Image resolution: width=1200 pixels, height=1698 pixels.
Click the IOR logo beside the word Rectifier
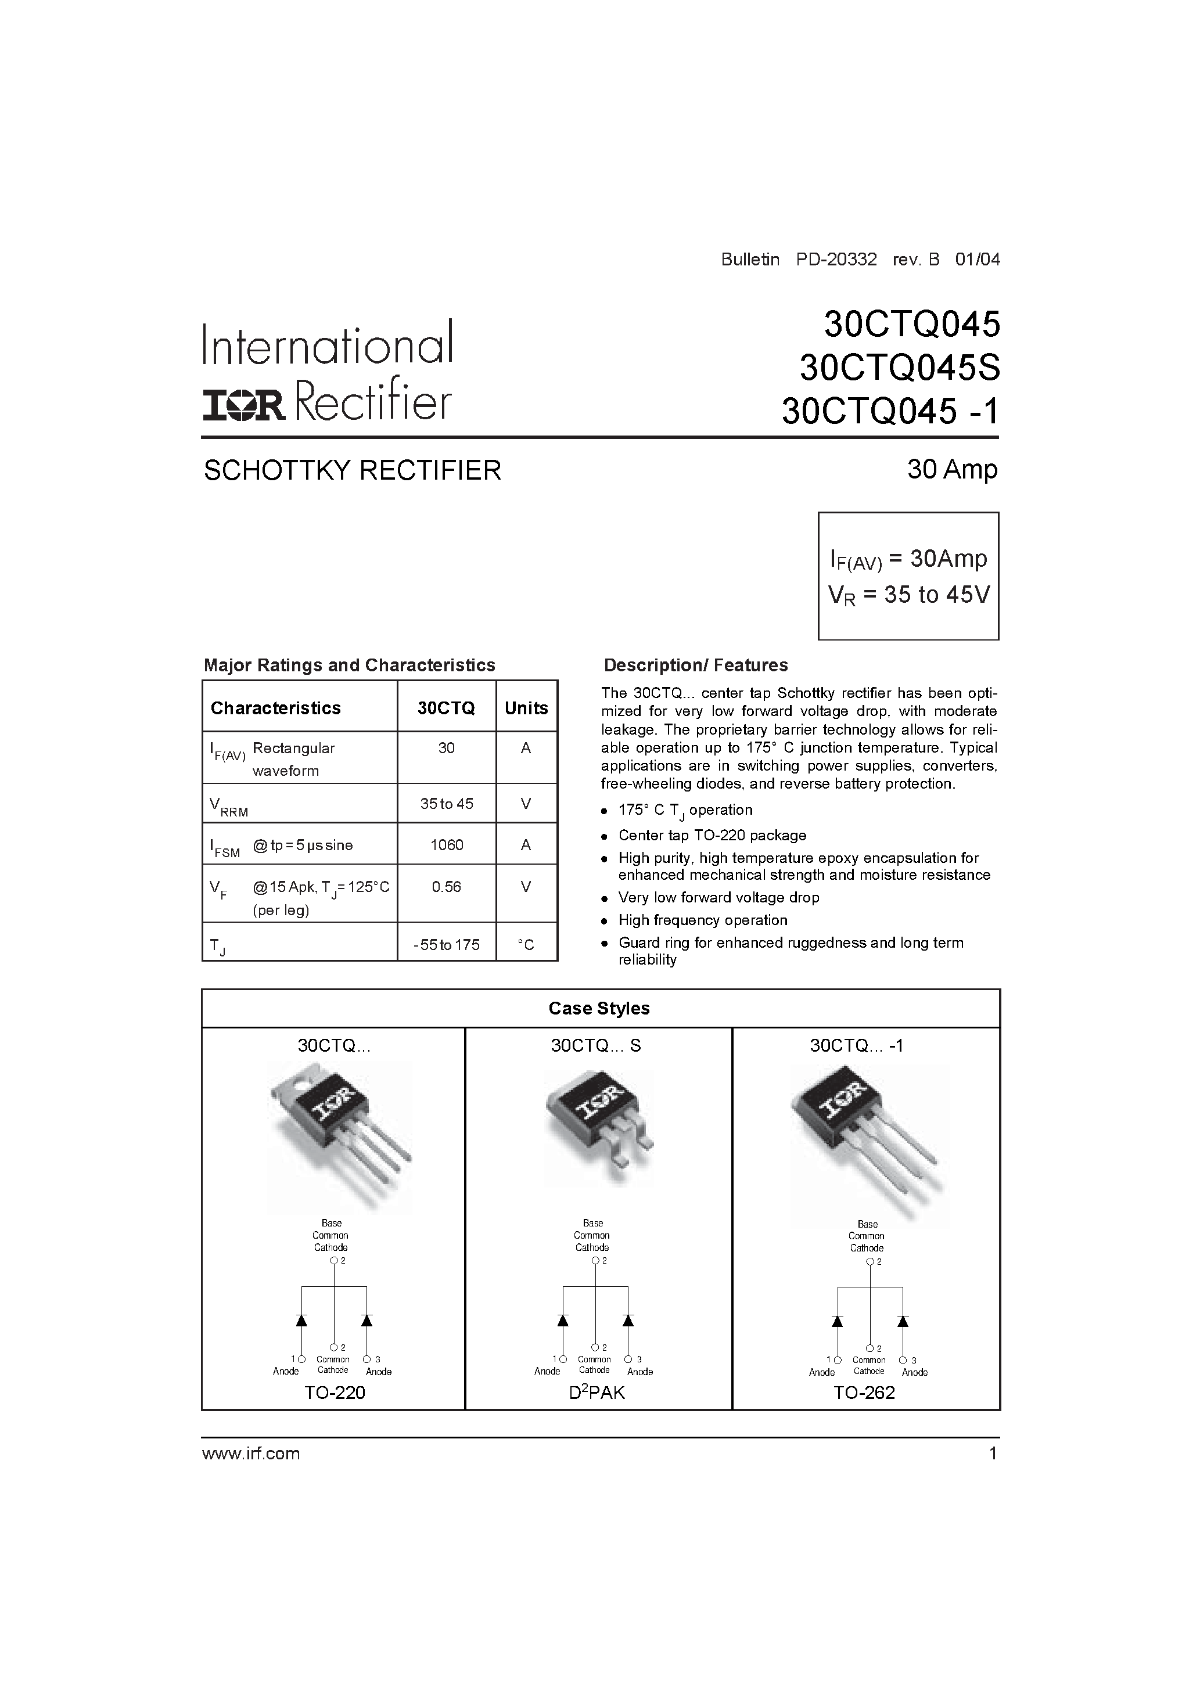pyautogui.click(x=244, y=406)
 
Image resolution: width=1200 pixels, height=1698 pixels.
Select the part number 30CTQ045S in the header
pyautogui.click(x=899, y=368)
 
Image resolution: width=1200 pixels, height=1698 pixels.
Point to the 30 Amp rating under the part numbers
pyautogui.click(x=952, y=469)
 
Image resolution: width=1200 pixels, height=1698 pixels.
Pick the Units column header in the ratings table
pyautogui.click(x=526, y=708)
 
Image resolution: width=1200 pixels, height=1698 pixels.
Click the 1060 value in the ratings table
pyautogui.click(x=446, y=844)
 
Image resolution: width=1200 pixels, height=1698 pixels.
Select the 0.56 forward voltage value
pyautogui.click(x=446, y=887)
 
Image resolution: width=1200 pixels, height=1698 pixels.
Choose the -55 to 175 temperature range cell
pyautogui.click(x=446, y=944)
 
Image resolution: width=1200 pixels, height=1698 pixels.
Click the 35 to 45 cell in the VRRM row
pyautogui.click(x=446, y=804)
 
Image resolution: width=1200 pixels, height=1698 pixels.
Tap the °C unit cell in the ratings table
pyautogui.click(x=526, y=944)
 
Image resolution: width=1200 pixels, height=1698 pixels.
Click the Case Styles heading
pyautogui.click(x=599, y=1008)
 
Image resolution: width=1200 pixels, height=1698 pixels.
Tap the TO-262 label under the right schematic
pyautogui.click(x=864, y=1393)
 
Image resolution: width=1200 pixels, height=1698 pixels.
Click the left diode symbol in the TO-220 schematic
pyautogui.click(x=301, y=1320)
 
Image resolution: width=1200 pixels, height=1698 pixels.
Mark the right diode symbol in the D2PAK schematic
pyautogui.click(x=628, y=1320)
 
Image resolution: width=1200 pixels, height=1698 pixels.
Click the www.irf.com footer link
pyautogui.click(x=251, y=1453)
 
